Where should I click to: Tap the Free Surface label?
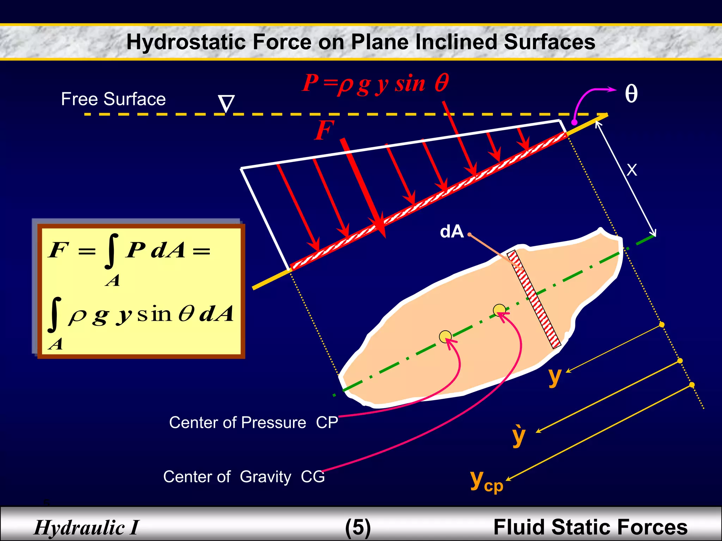[x=113, y=99]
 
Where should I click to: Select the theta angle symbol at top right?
[x=631, y=94]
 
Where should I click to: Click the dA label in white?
[x=452, y=232]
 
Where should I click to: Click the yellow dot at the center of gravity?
[x=499, y=310]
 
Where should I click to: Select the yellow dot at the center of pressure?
[x=445, y=337]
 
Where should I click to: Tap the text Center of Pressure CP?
[x=253, y=422]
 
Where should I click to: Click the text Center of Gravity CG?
[x=244, y=477]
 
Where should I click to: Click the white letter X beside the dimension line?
[x=632, y=170]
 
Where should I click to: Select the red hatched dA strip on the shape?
[x=534, y=299]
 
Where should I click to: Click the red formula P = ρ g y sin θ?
[x=375, y=84]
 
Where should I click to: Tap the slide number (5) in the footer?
[x=358, y=527]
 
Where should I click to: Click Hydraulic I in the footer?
[x=87, y=527]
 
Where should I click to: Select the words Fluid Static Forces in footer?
[x=590, y=527]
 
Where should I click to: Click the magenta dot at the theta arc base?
[x=574, y=122]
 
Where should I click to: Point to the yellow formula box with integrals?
[x=141, y=291]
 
